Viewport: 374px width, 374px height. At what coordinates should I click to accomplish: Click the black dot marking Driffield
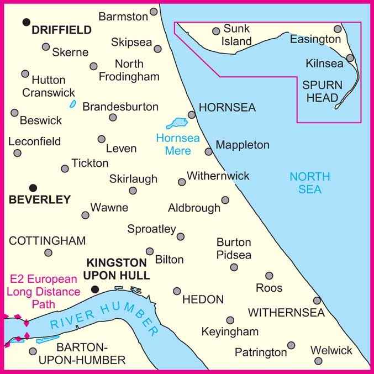coord(25,22)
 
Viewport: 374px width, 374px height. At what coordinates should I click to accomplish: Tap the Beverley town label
coord(40,199)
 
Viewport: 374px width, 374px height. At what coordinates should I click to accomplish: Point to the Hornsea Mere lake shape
coord(178,122)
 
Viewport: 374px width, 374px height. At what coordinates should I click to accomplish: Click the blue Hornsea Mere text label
coord(173,144)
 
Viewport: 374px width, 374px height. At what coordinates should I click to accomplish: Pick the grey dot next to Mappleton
coord(208,151)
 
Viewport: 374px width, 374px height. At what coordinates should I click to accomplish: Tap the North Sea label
coord(309,183)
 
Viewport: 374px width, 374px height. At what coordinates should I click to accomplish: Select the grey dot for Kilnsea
coord(350,57)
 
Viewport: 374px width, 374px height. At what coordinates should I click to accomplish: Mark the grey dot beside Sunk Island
coord(216,31)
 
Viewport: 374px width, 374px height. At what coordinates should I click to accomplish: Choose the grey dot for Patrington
coord(291,346)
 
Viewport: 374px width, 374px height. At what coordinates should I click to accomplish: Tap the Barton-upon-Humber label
coord(92,354)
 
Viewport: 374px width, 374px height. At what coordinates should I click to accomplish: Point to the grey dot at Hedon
coord(177,291)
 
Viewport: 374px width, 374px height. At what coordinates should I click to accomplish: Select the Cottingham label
coord(48,240)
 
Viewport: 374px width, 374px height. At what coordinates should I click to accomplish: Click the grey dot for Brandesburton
coord(113,117)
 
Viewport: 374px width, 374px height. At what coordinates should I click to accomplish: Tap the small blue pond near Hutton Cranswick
coord(72,104)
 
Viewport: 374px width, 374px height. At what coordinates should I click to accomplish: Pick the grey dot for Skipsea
coord(157,49)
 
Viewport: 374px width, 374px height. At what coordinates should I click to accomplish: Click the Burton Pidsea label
coord(234,249)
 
